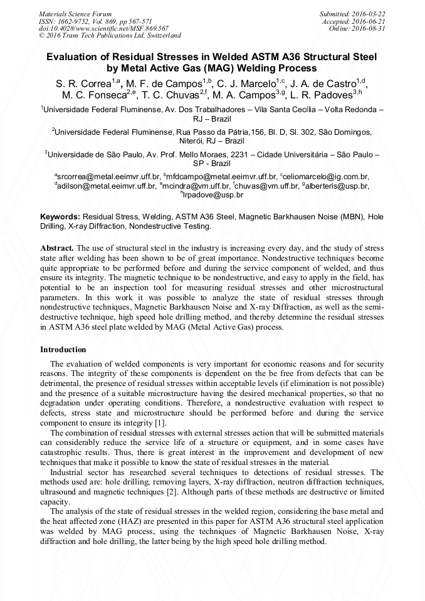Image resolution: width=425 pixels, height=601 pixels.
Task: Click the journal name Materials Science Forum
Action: pos(75,13)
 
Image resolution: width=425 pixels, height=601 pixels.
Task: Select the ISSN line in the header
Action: pos(95,21)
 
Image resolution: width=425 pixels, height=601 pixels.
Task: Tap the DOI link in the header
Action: pos(103,28)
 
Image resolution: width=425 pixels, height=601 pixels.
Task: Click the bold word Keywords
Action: pos(60,216)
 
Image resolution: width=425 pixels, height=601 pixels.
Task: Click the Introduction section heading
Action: pos(63,349)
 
